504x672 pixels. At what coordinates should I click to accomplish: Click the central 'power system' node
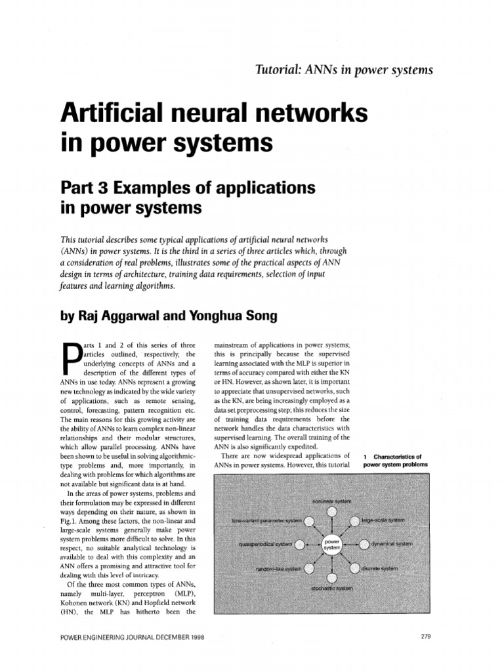click(331, 544)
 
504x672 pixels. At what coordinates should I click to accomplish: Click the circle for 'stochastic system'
click(332, 578)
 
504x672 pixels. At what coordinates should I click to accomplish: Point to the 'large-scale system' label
click(383, 520)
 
